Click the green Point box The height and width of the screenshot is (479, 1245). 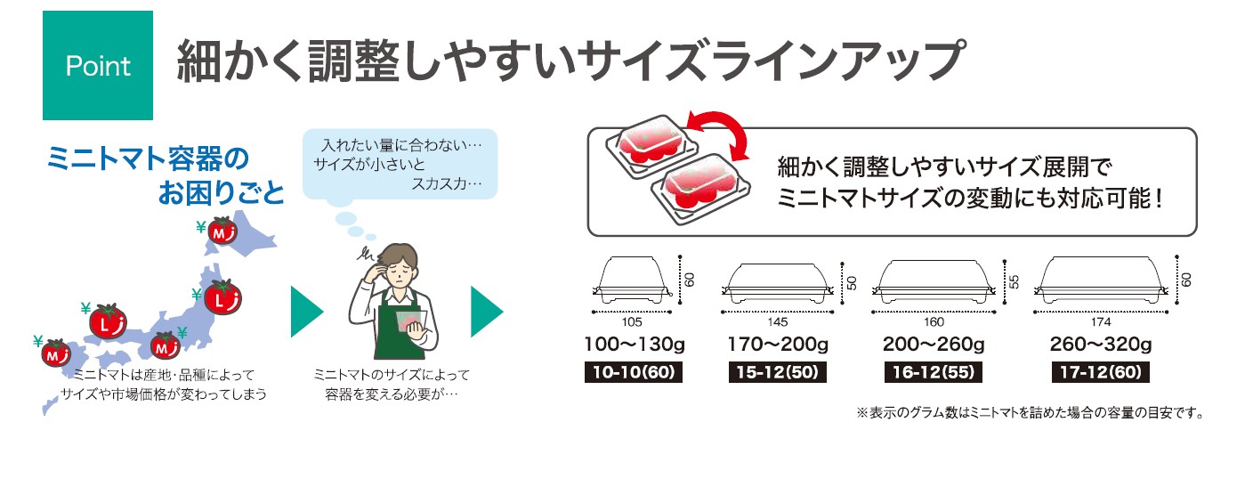point(98,66)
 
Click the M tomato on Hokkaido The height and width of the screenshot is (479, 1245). point(222,231)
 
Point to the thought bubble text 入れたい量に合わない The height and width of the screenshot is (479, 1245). point(400,143)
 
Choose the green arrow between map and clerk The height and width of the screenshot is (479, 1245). point(305,312)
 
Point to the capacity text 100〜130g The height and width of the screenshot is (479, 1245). point(633,345)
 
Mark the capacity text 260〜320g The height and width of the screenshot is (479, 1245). point(1100,345)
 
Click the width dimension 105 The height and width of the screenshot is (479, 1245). point(632,321)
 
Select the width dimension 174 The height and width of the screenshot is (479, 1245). point(1101,321)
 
